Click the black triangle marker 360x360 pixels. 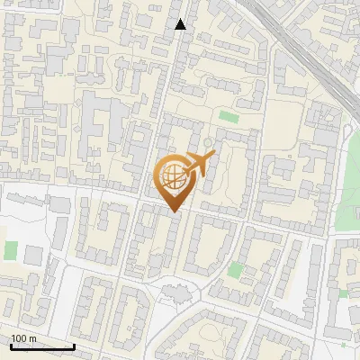pyautogui.click(x=181, y=24)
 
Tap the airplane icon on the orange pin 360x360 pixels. pyautogui.click(x=198, y=164)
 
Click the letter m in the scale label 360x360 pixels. pyautogui.click(x=33, y=338)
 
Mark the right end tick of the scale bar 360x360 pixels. pyautogui.click(x=74, y=346)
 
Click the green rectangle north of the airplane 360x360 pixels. pyautogui.click(x=229, y=117)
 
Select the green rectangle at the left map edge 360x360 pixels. pyautogui.click(x=11, y=250)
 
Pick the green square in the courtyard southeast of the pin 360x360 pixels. pyautogui.click(x=236, y=269)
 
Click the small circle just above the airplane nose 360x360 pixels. pyautogui.click(x=208, y=142)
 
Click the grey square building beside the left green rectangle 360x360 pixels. pyautogui.click(x=33, y=256)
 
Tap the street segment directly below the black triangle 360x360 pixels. pyautogui.click(x=178, y=54)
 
